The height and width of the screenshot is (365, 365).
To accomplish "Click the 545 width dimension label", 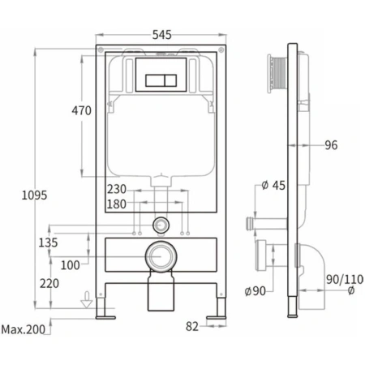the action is (161, 35).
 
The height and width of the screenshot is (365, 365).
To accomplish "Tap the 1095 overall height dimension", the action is (34, 195).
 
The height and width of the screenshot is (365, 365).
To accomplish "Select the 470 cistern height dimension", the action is (81, 110).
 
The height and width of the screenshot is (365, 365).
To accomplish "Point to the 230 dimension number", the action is (117, 189).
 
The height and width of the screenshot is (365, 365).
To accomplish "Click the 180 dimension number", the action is (117, 204).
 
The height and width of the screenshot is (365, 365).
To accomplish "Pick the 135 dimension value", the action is (48, 243).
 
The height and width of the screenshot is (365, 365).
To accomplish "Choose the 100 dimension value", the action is (70, 265).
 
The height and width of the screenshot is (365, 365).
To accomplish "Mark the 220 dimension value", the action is (49, 284).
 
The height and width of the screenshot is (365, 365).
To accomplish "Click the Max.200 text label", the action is (24, 329).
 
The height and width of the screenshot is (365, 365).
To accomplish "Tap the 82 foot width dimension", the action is (192, 327).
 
